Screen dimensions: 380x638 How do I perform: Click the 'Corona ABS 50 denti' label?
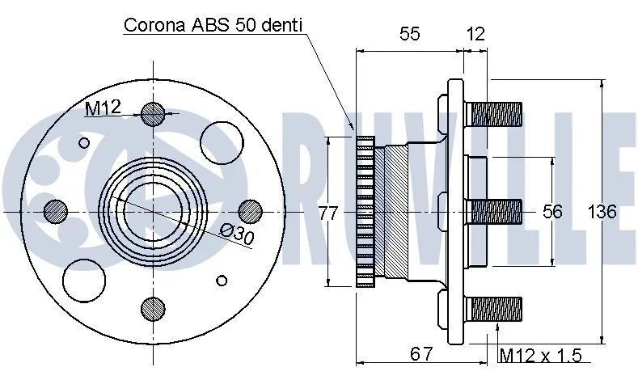click(213, 25)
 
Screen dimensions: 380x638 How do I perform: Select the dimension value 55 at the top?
click(410, 34)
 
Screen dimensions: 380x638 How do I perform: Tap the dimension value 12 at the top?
click(475, 34)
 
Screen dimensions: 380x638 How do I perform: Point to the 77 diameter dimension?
click(327, 213)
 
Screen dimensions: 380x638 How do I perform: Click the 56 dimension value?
click(551, 212)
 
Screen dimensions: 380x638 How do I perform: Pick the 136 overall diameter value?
click(601, 212)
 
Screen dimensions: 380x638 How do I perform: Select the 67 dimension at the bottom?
click(421, 354)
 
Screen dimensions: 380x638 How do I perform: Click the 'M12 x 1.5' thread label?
click(540, 354)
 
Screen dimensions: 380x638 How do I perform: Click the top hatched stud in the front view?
click(152, 115)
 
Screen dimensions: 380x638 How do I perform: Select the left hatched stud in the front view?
click(56, 211)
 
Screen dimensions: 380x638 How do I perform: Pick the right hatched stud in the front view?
click(249, 211)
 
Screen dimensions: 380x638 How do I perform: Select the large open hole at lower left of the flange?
click(84, 280)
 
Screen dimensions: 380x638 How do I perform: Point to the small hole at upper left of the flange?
click(83, 143)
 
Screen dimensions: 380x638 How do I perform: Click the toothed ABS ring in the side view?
click(365, 212)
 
